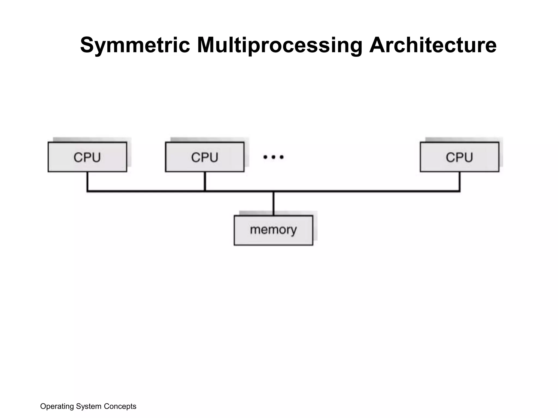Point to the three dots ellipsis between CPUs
point(273,157)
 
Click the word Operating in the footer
point(57,406)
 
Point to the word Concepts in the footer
point(120,406)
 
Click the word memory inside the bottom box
point(273,230)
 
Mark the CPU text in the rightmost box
point(459,158)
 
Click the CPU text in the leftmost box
point(87,158)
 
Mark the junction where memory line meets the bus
point(273,192)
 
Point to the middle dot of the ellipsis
point(273,157)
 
